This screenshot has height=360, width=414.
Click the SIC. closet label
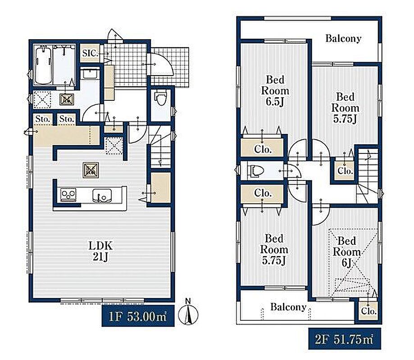click(90, 53)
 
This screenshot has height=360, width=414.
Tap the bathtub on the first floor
click(43, 65)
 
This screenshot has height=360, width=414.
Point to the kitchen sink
click(102, 196)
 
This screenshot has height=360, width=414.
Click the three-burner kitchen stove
click(68, 195)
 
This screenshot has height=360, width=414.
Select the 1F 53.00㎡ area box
click(138, 316)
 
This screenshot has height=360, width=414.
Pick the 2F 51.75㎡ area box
click(345, 339)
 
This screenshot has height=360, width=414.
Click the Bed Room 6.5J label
click(275, 91)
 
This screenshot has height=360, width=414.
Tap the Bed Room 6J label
click(347, 252)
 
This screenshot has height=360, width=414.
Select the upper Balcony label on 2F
click(343, 39)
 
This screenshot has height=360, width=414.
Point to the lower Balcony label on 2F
click(288, 307)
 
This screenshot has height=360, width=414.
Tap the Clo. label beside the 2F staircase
click(345, 171)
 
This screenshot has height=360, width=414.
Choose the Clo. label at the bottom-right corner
click(369, 311)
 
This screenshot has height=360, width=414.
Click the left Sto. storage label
click(43, 119)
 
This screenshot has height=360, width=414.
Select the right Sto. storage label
click(66, 119)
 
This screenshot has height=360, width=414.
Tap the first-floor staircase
click(160, 146)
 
